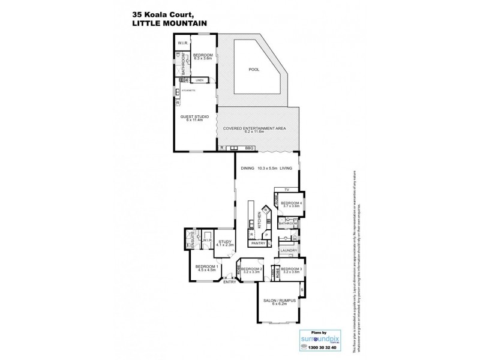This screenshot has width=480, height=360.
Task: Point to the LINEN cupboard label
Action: click(x=199, y=80)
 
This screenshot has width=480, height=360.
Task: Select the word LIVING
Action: click(x=285, y=169)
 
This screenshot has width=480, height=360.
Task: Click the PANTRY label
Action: click(x=259, y=244)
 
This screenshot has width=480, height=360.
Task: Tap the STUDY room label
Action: click(x=224, y=241)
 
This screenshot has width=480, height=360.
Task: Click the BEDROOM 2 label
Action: click(x=253, y=269)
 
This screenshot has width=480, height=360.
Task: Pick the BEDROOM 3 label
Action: click(x=290, y=269)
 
